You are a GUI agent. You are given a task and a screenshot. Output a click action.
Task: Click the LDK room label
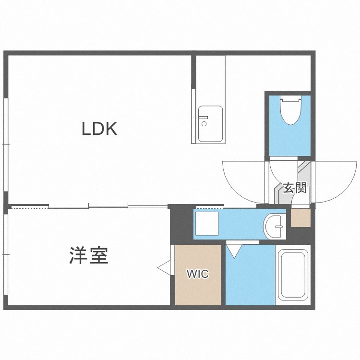(99, 129)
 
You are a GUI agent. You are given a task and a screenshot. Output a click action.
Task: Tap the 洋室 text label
(89, 255)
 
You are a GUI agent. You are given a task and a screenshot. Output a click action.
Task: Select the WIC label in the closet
(197, 274)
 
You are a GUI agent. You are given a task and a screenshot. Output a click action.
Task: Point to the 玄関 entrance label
(294, 188)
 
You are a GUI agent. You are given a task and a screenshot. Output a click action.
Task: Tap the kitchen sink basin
(211, 124)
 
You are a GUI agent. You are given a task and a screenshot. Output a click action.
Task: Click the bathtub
(293, 275)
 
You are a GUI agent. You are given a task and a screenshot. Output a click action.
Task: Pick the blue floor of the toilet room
(290, 139)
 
